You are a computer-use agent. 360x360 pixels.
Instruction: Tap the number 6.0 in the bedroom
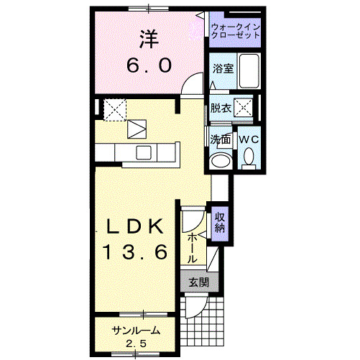point(150,65)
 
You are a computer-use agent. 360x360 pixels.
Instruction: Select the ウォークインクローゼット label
point(236,31)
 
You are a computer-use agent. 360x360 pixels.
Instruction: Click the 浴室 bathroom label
point(222,69)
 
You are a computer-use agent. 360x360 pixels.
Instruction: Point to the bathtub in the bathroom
point(249,71)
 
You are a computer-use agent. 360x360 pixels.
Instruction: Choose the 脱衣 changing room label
point(221,109)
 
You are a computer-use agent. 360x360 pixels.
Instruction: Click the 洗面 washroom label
point(220,139)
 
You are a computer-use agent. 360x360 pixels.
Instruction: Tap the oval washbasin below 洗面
point(221,160)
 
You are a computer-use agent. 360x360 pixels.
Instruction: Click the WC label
point(249,137)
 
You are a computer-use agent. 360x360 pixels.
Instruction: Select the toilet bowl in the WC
point(249,156)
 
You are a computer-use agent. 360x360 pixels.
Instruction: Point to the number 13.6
point(135,252)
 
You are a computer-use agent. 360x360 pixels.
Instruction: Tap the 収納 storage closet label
point(220,223)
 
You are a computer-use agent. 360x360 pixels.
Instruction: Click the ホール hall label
point(193,247)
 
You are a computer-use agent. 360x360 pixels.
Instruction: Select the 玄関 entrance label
point(199,282)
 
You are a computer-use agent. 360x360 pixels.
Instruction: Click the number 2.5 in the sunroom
point(135,343)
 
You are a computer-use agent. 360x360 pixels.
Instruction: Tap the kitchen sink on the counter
point(143,152)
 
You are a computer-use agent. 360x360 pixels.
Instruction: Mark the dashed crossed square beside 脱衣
point(245,109)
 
